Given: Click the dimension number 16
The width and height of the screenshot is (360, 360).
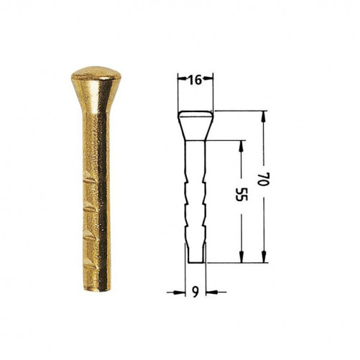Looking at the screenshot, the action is click(195, 80).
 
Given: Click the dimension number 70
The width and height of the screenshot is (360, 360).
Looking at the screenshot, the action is click(264, 179).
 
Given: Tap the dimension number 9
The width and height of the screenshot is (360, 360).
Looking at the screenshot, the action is click(195, 292).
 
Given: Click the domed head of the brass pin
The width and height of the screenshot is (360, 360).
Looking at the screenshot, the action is click(96, 74).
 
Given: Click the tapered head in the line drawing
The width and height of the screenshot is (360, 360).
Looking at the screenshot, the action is click(195, 125).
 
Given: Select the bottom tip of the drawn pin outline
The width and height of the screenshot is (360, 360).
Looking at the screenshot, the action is click(196, 263).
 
